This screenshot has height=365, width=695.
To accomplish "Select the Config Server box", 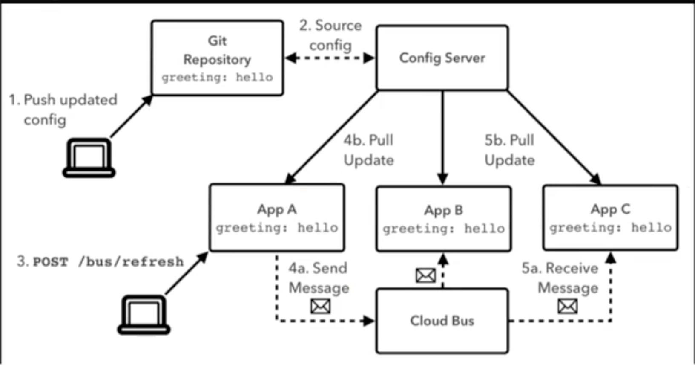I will [442, 58].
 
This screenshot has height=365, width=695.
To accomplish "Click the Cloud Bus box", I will [442, 321].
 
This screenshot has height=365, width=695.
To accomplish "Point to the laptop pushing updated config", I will [89, 158].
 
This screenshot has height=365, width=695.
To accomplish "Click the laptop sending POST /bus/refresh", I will [144, 315].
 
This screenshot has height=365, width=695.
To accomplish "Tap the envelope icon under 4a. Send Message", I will [320, 306].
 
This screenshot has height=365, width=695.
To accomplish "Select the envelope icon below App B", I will [425, 276].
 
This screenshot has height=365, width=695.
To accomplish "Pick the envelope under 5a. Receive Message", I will [568, 306].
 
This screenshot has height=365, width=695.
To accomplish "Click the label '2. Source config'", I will [330, 35].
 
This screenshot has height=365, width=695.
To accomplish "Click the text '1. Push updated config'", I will [63, 110].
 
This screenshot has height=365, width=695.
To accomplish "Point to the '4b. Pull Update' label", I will [368, 150].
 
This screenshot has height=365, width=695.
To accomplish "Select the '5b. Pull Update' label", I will [509, 150].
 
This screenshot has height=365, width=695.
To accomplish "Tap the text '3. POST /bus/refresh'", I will [101, 261].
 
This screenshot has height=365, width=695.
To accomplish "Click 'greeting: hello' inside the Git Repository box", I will [217, 78].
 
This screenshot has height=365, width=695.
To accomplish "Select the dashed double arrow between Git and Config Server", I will [330, 58].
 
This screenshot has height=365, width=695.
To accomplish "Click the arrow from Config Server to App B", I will [442, 136].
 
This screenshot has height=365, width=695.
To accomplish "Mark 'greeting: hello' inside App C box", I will [610, 228].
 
